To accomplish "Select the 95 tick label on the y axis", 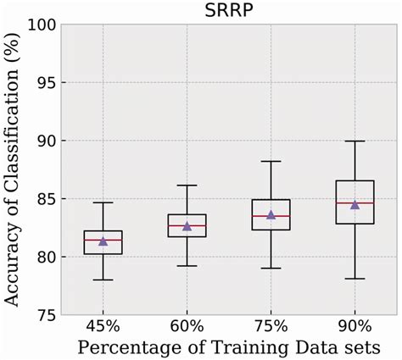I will [47, 83].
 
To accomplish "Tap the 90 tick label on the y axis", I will [47, 141].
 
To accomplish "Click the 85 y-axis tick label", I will [47, 199].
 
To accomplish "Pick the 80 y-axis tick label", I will [47, 257].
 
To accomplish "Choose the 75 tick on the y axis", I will [47, 314].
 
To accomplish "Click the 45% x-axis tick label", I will [103, 327].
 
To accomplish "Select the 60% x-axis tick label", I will [187, 327].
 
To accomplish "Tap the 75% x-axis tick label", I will [271, 327].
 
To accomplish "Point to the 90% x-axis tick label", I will [355, 327].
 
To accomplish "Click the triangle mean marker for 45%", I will [103, 241].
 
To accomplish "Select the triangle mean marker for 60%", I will [187, 226].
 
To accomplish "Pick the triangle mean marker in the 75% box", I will [271, 215].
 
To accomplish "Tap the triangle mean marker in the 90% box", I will [355, 204].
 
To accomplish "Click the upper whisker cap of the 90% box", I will [355, 141].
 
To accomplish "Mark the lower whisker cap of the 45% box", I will [103, 280].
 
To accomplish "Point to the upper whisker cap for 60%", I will [187, 186].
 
